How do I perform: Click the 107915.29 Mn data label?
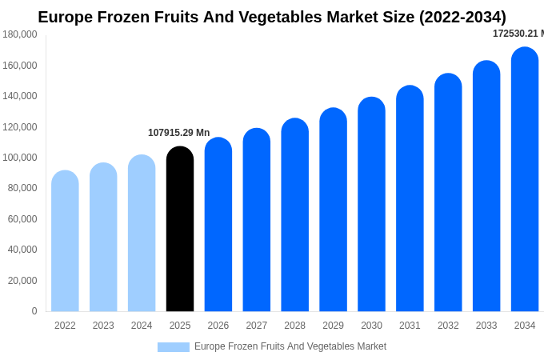click(x=178, y=133)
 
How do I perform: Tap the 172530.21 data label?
click(x=517, y=34)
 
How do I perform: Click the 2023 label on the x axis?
click(x=103, y=326)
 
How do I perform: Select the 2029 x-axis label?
click(x=333, y=326)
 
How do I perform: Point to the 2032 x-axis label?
click(x=448, y=326)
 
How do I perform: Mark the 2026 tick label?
click(x=218, y=326)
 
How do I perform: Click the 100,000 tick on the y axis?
click(x=20, y=158)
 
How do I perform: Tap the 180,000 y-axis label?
click(x=20, y=34)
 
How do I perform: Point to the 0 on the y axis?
click(x=34, y=311)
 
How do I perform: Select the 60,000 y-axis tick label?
click(x=22, y=219)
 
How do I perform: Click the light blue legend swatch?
click(x=174, y=347)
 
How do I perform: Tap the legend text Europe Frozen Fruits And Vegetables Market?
click(x=290, y=346)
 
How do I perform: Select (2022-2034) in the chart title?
click(x=462, y=17)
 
